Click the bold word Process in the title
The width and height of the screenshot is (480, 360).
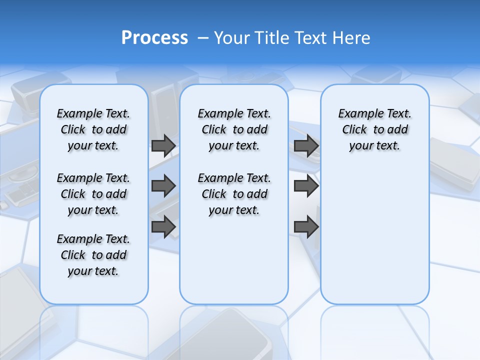pos(154,38)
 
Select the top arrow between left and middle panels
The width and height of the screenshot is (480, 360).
pos(163,145)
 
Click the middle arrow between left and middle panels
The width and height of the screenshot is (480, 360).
pos(163,186)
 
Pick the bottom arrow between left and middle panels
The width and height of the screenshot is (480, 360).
pos(163,226)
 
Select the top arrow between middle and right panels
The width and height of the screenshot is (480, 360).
pos(306,145)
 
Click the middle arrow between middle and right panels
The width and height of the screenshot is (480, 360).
pos(306,186)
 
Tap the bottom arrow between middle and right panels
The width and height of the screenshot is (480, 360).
pos(306,226)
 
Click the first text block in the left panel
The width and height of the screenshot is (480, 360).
pos(93,129)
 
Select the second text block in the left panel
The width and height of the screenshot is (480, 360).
pos(93,194)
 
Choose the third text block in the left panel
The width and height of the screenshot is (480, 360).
pos(93,255)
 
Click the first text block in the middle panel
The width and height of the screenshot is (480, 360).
pos(234,129)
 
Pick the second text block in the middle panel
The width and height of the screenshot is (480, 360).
pos(234,194)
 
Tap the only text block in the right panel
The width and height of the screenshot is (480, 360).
pos(374,129)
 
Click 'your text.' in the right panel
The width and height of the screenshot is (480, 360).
pos(374,146)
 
